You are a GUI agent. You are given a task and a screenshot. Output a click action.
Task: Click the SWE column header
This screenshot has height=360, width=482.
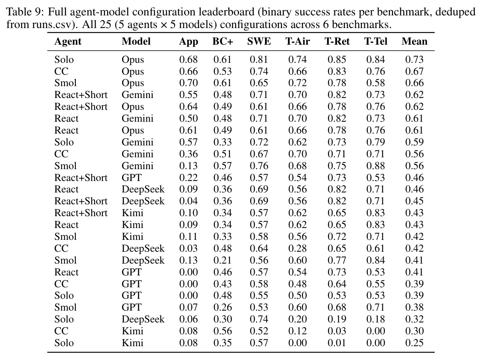[x=259, y=41]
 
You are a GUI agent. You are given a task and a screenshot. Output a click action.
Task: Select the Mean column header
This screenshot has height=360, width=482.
[x=414, y=41]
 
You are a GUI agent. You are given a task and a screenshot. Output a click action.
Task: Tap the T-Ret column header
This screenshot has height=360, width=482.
[x=337, y=41]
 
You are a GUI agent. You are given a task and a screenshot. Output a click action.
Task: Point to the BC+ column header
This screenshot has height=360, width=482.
[x=222, y=41]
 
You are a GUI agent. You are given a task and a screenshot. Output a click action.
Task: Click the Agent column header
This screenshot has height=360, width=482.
[x=68, y=41]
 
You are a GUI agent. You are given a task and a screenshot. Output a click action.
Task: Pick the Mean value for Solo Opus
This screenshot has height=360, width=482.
[x=414, y=60]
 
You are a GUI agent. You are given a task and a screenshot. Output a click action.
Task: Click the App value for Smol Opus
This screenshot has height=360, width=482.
[x=188, y=83]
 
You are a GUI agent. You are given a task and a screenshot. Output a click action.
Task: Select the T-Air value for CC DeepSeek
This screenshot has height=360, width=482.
[x=297, y=249]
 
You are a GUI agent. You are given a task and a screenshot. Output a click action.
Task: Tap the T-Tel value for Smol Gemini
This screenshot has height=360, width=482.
[x=375, y=166]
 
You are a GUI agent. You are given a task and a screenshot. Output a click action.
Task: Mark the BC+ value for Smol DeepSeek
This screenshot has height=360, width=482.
[x=222, y=260]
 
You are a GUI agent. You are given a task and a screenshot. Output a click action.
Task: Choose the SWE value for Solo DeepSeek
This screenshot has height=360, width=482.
[x=259, y=319]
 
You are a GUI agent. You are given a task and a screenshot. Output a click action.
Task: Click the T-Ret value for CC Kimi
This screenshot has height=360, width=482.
[x=337, y=331]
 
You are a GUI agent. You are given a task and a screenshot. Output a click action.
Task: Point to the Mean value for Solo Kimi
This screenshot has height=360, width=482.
[x=414, y=343]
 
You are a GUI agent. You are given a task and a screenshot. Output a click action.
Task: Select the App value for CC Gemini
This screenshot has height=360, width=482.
[x=188, y=154]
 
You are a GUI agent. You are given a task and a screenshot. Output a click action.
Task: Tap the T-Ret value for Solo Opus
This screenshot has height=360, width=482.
[x=337, y=60]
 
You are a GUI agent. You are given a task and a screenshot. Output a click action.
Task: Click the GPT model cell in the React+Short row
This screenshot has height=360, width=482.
[x=132, y=178]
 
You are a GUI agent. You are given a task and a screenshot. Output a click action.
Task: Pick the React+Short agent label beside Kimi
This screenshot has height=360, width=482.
[x=81, y=213]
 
